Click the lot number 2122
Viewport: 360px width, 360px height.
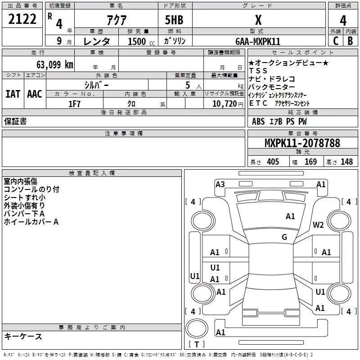tap(22, 19)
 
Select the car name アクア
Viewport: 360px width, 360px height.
tap(117, 20)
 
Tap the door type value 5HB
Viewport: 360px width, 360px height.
tap(174, 20)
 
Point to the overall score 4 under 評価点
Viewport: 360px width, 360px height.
tap(343, 20)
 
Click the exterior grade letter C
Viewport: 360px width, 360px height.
tap(336, 41)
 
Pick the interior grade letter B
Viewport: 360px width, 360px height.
tap(350, 41)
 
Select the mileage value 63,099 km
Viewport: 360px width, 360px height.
tap(55, 65)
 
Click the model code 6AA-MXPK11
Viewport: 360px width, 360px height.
tap(258, 41)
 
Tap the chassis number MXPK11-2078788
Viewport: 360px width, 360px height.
tap(302, 143)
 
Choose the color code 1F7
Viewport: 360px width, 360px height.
tap(74, 104)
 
